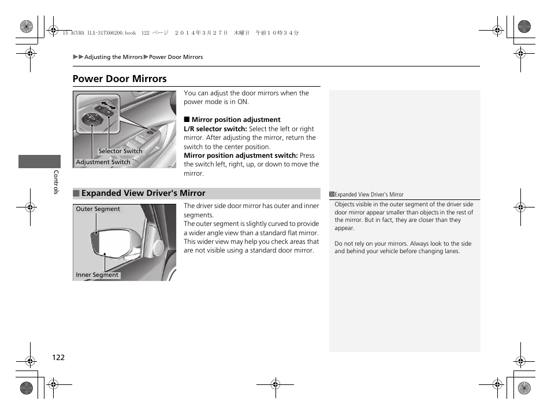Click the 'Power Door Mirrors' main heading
(120, 79)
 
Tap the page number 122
(58, 357)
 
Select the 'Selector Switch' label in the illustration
(120, 151)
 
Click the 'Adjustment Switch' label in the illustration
(103, 162)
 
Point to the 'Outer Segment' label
(98, 209)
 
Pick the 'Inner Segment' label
(97, 275)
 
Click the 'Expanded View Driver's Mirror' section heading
(143, 194)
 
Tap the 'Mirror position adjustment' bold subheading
(236, 120)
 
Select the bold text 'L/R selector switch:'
(215, 129)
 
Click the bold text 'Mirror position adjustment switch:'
(240, 155)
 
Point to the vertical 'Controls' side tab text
(56, 181)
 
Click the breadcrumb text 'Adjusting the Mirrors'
(113, 57)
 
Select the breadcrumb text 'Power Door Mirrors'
(176, 57)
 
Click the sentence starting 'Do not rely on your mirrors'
(403, 247)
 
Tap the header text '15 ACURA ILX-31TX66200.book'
(99, 34)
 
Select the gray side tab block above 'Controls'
(39, 162)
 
